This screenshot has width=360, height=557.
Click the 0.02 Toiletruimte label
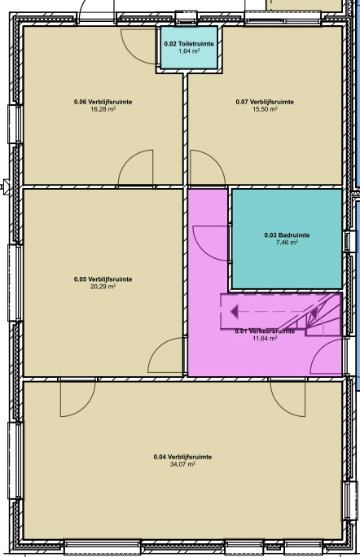[x=189, y=44]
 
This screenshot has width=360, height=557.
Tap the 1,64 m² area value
[x=189, y=50]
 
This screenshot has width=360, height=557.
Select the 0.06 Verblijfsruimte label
[x=103, y=102]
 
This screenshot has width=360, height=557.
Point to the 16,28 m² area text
[x=103, y=109]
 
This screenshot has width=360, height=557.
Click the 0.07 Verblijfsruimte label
[x=265, y=102]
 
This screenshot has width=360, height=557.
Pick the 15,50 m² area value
[x=265, y=109]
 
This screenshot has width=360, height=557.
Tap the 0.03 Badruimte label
[x=287, y=235]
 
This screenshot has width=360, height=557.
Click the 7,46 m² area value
[x=287, y=243]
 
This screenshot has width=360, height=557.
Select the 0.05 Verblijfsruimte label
[x=103, y=279]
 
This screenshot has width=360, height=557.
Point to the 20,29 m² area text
[x=103, y=287]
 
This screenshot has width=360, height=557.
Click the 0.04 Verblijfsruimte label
[x=182, y=457]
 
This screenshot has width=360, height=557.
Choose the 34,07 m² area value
[x=182, y=464]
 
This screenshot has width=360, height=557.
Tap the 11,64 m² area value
[x=265, y=338]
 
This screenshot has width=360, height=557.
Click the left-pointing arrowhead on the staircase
[x=235, y=312]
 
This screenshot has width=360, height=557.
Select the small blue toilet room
[x=189, y=47]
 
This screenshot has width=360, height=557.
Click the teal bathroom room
[x=287, y=239]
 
